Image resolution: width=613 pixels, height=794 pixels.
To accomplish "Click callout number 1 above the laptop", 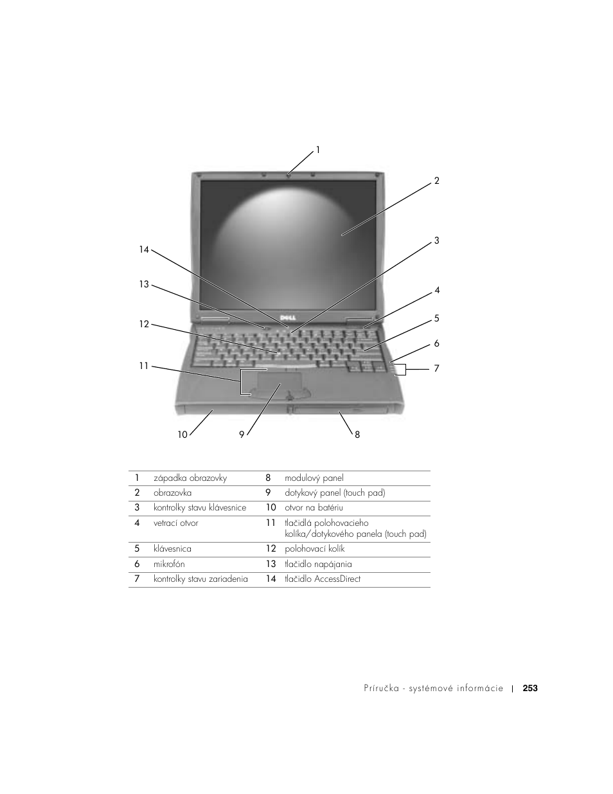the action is point(317,150).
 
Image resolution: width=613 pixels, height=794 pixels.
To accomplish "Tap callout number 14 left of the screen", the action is point(144,249).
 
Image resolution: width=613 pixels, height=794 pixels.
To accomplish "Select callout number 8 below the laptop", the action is point(357,435).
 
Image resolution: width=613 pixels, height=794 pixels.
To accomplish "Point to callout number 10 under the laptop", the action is point(182,435).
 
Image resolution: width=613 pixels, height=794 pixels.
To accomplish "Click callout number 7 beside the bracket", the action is point(436,368).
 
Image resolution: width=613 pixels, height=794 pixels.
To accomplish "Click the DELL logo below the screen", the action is point(288,320).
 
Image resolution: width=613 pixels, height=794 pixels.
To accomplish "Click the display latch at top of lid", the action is point(289,173).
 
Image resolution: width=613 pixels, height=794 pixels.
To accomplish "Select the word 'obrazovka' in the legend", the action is point(172,493).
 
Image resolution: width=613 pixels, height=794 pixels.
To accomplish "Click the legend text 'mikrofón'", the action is point(169,564).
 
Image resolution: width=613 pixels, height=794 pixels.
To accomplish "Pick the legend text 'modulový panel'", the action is point(314,478).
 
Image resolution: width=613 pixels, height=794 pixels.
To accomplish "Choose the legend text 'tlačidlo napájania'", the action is point(318,564).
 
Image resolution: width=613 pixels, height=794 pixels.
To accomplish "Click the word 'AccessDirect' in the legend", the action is point(337,579).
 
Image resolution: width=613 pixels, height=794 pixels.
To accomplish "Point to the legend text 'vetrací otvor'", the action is point(176,523).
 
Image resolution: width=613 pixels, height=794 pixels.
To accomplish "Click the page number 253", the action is point(530,688).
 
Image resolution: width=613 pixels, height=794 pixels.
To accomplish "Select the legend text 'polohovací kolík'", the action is point(315,549).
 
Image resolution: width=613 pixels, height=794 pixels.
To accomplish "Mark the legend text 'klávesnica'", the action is point(172,549).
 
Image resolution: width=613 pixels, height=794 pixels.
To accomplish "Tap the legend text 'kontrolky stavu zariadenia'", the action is point(200,579).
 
